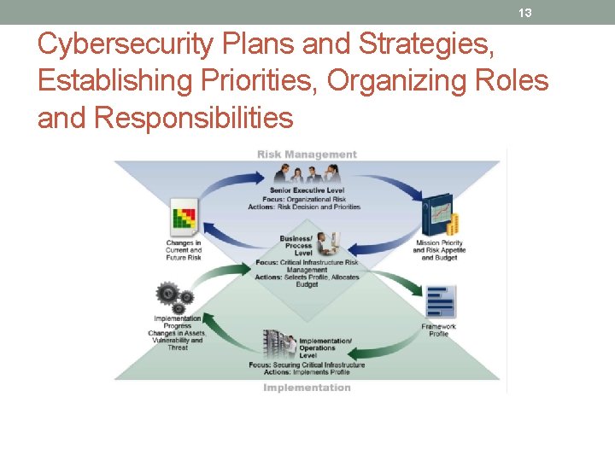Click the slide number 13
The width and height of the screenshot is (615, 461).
[525, 13]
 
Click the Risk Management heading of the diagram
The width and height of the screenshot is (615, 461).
[307, 155]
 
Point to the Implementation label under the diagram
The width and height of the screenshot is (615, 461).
[307, 388]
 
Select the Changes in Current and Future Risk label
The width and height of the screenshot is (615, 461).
[184, 249]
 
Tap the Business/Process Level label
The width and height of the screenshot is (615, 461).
[297, 246]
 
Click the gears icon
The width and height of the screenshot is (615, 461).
[173, 296]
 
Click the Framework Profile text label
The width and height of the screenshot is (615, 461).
[439, 330]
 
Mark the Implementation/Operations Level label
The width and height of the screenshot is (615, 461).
[325, 347]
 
